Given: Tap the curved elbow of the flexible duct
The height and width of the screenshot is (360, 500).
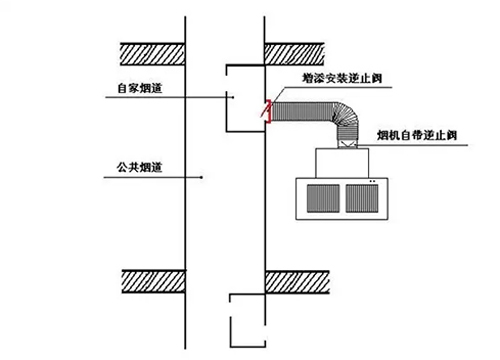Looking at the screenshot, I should click(340, 117).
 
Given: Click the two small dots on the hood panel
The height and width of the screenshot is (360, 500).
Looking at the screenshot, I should click(372, 181).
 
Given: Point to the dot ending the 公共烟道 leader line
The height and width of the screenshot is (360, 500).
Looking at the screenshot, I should click(202, 178).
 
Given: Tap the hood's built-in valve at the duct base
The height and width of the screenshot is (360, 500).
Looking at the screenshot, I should click(346, 144).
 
